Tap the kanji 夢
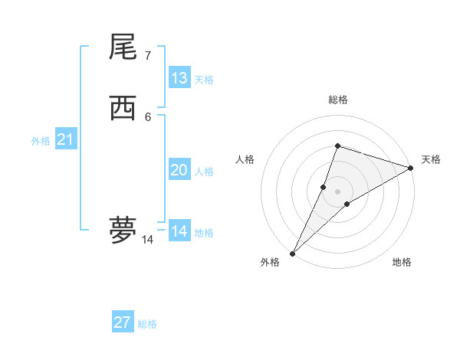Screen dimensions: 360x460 tap(123, 229)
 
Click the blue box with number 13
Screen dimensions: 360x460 tap(179, 78)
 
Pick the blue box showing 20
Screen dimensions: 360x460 tap(179, 170)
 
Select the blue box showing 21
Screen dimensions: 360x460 tap(65, 140)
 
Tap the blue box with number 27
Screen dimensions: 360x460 tap(123, 322)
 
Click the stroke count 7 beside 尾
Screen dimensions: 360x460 tap(147, 55)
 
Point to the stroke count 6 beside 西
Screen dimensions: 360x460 tap(147, 117)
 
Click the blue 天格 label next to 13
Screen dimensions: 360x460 tap(203, 80)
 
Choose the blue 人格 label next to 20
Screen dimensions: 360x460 tap(203, 172)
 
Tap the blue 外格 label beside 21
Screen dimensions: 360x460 tap(41, 141)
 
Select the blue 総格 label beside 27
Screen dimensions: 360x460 tap(147, 324)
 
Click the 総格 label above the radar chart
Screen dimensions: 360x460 tap(337, 100)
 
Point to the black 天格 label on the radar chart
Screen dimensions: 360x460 tap(431, 159)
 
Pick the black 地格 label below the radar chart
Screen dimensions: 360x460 tap(402, 262)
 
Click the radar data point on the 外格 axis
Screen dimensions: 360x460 tap(292, 254)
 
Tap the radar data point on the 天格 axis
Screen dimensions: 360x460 tap(411, 168)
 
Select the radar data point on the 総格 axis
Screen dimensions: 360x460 tap(337, 146)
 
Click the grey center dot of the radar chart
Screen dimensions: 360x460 tap(337, 191)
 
